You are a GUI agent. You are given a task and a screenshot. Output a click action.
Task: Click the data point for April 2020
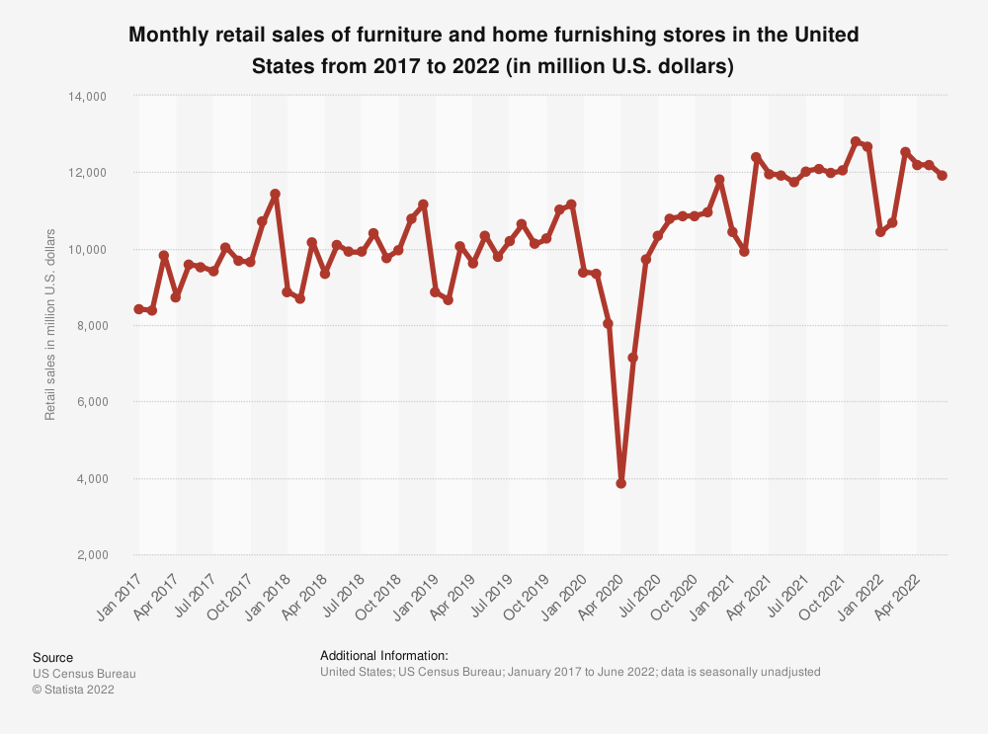coord(621,483)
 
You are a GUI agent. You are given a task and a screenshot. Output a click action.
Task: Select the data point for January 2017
coord(139,309)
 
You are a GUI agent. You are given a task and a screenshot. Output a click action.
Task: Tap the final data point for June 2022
coord(943,176)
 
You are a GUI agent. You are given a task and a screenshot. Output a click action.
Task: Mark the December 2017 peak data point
coord(276,194)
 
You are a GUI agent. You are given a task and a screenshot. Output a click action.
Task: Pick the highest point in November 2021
coord(856,141)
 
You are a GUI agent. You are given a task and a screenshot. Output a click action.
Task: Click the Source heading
coord(52,657)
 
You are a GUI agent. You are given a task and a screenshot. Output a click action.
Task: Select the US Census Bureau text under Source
coord(84,674)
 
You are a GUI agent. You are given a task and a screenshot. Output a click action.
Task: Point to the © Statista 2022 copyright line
coord(73,690)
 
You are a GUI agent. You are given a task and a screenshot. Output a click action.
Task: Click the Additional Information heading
coord(384,655)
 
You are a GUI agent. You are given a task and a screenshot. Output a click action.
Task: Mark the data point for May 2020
coord(633,358)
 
